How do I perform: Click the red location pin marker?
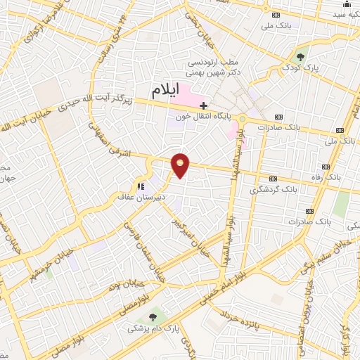coord(181,165)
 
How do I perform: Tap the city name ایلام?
coord(167,90)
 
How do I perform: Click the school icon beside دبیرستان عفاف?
coord(141,187)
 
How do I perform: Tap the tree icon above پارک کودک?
coord(302,56)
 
